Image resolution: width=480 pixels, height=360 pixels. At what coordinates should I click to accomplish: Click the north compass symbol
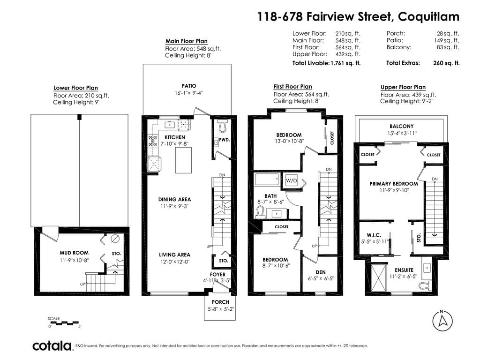tap(442, 321)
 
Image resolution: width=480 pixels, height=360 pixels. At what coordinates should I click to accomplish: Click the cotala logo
tap(52, 345)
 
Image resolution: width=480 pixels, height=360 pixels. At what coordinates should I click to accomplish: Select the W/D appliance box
tap(292, 180)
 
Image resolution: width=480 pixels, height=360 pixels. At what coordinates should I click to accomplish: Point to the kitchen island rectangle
tap(183, 160)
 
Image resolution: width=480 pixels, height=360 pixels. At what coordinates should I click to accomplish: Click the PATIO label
tap(189, 86)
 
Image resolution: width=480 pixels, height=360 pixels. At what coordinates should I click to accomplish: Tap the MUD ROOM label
tap(74, 253)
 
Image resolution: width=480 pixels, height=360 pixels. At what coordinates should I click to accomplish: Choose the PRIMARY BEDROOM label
tap(394, 184)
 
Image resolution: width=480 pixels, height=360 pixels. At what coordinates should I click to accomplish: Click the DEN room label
tap(321, 272)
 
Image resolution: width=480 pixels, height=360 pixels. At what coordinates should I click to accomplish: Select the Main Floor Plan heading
tap(187, 41)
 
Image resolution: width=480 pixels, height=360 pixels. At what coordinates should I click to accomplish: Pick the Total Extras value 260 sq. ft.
tap(446, 63)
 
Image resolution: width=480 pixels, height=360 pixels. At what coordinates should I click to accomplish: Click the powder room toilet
tap(223, 125)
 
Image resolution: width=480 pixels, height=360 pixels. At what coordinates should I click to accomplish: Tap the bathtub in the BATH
tap(267, 180)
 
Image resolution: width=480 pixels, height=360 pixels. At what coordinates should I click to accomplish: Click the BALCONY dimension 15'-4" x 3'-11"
tap(402, 133)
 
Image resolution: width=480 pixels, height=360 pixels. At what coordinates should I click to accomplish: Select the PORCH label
tap(220, 302)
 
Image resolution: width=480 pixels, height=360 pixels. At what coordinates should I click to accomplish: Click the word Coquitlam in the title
tap(428, 16)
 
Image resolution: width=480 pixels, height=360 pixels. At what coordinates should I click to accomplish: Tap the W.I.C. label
tap(374, 235)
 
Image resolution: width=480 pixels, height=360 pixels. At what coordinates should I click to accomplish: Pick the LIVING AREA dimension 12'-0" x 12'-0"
tap(174, 262)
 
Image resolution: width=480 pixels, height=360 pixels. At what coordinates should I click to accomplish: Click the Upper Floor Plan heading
tap(403, 87)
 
